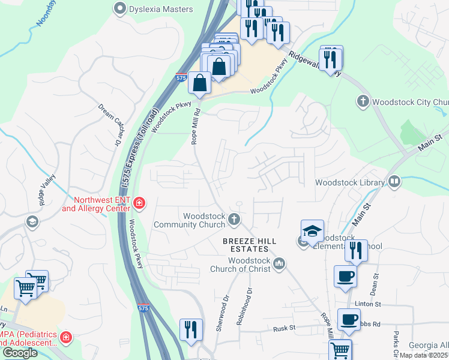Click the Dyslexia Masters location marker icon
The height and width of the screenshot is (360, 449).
click(x=120, y=9)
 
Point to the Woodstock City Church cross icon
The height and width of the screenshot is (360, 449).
click(x=363, y=101)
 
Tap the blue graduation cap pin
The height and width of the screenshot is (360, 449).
click(x=312, y=232)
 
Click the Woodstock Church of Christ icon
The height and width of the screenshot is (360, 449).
click(x=279, y=263)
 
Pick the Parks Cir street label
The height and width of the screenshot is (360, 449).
click(x=396, y=342)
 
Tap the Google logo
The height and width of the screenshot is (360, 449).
click(x=20, y=352)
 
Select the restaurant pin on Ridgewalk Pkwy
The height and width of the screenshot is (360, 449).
click(x=330, y=59)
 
